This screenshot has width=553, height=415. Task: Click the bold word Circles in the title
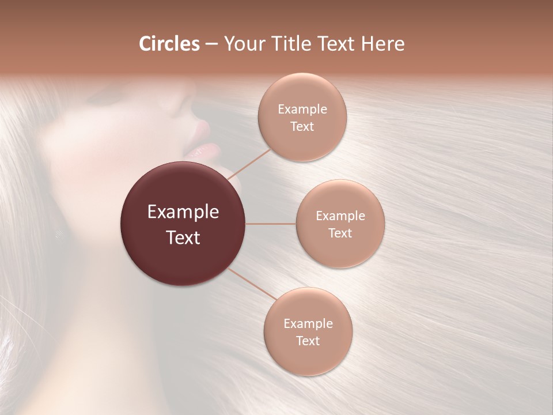tap(169, 44)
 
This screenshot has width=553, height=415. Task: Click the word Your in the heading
tap(243, 44)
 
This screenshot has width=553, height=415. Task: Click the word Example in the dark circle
tap(183, 212)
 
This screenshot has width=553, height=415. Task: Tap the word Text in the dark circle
tap(183, 237)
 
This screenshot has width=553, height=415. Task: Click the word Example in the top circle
tap(302, 110)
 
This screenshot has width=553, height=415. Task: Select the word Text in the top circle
tap(302, 127)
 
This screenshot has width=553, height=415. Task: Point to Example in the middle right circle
tap(340, 216)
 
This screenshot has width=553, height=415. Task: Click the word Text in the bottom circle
tap(308, 341)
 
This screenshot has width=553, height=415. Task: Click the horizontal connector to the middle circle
tap(271, 224)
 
